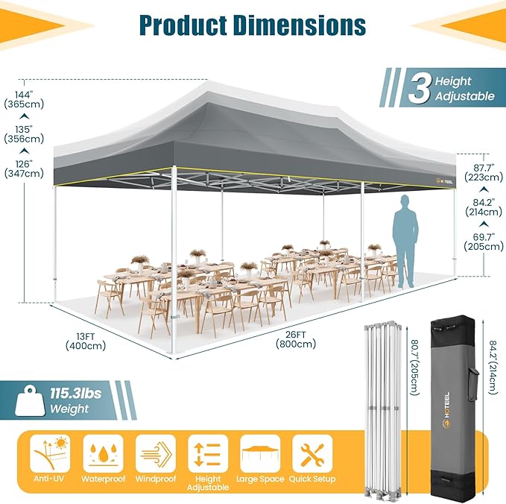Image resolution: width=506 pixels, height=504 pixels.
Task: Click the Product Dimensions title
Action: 253,25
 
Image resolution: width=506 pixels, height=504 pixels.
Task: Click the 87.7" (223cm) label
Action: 478,171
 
